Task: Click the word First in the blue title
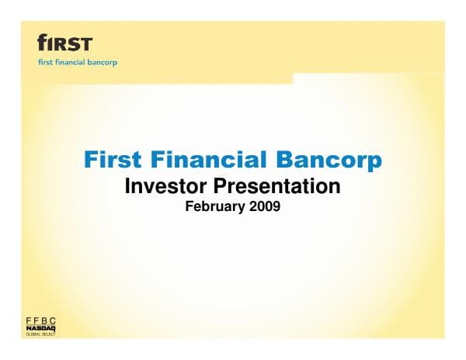110,161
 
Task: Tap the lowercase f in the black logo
43,42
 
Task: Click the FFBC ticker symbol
43,321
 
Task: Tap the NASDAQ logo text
43,329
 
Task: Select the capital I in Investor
128,186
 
